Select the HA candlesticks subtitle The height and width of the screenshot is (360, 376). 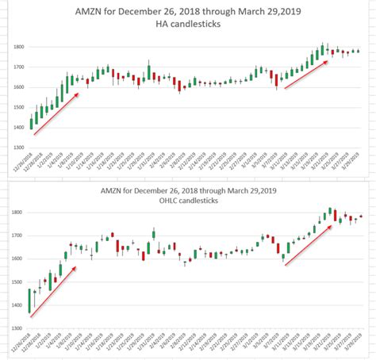[188, 25]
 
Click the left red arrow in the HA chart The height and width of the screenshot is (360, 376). [56, 114]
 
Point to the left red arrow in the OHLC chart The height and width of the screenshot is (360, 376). [54, 293]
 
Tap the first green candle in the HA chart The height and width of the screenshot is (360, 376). [32, 122]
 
